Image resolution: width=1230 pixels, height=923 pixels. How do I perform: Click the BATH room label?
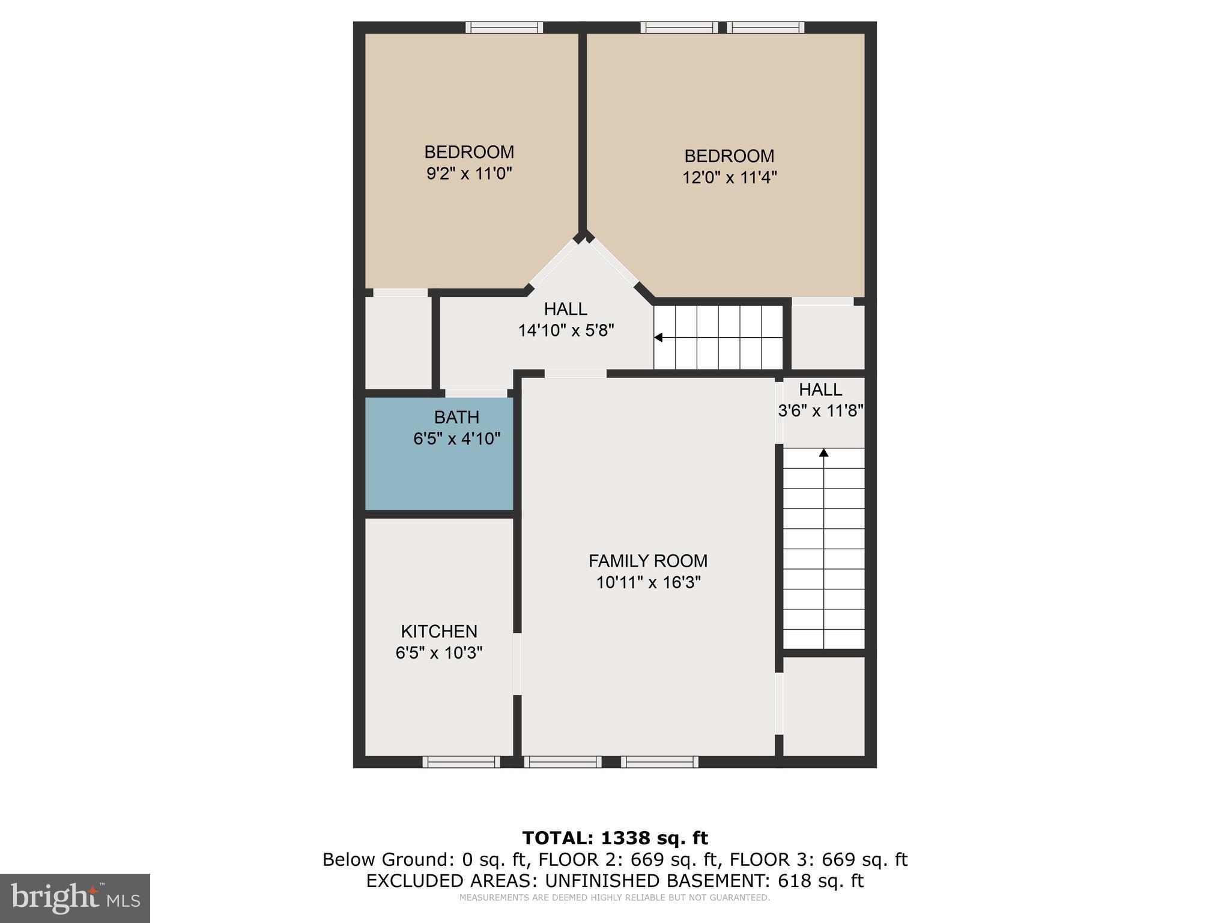(456, 417)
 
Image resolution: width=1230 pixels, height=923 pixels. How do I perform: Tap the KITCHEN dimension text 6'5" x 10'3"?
(439, 653)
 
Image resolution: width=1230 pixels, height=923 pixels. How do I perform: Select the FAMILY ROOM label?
(647, 561)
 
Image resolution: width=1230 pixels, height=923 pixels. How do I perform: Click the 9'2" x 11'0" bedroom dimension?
(469, 174)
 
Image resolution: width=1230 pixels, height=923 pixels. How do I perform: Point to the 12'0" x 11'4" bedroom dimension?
(729, 178)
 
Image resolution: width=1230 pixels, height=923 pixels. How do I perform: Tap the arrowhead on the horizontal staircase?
(658, 338)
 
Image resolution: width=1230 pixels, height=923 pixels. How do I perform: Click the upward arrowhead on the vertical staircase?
(824, 452)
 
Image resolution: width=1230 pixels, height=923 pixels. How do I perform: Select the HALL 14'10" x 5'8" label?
(565, 309)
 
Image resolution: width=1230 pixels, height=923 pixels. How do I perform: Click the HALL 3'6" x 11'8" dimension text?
(820, 411)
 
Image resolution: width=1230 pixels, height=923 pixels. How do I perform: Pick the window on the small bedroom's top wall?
(504, 28)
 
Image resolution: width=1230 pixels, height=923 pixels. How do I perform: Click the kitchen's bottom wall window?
(461, 761)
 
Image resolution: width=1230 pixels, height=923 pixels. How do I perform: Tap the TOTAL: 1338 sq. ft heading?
(614, 838)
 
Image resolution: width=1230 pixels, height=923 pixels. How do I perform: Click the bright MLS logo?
(75, 898)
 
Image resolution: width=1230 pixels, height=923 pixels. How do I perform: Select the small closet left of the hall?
(398, 343)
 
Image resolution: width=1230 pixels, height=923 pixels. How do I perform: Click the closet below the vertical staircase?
(823, 705)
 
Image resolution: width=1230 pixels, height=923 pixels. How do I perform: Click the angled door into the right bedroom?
(614, 262)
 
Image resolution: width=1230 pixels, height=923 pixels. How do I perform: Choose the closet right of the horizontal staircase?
(827, 337)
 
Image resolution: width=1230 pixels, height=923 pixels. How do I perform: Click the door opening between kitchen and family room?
(517, 663)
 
